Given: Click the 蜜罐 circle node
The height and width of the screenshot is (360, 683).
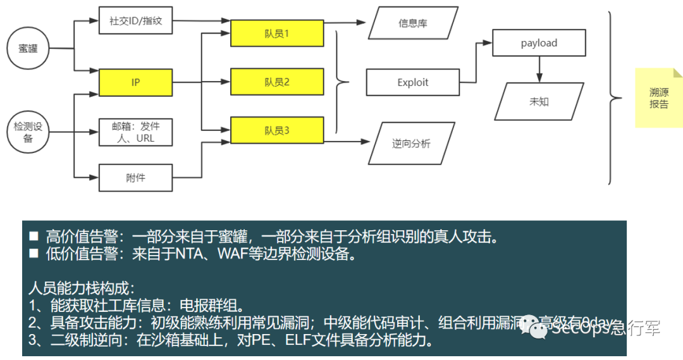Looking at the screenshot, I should [x=28, y=49].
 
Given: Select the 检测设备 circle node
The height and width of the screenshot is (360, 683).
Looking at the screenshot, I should [x=28, y=132].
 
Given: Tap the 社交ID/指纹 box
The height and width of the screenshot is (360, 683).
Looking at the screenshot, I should [x=135, y=21].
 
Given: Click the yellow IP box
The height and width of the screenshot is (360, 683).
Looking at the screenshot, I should [x=135, y=82].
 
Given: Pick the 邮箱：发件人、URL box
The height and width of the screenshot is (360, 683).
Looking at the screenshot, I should [x=135, y=132].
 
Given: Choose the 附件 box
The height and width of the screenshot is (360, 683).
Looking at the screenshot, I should [x=135, y=178].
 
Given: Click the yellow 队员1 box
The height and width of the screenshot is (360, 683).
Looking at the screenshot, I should [x=277, y=33].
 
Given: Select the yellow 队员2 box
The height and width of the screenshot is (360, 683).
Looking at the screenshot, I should [x=277, y=82].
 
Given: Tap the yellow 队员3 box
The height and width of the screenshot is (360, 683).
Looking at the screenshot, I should [x=277, y=130].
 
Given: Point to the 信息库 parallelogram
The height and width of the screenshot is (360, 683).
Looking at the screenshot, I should [x=413, y=23].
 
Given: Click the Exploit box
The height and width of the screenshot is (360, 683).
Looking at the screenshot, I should [x=413, y=82].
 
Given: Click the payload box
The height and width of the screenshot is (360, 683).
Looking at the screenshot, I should [x=539, y=43].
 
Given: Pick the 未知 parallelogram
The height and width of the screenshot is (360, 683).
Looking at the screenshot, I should [x=539, y=101].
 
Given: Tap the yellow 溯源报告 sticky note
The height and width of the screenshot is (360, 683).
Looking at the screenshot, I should [x=659, y=98].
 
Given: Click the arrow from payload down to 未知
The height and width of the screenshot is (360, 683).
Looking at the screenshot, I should [x=539, y=68].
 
